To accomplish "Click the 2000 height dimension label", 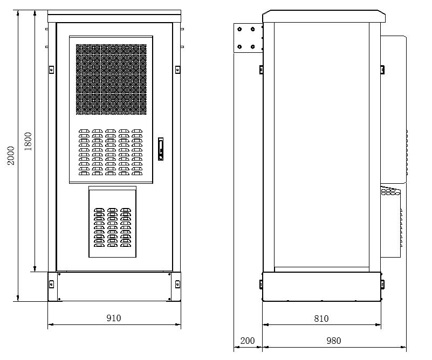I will tap(11, 155).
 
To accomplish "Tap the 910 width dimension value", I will tap(114, 318).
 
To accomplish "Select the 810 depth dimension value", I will tap(321, 319).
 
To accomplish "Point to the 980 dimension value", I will tap(334, 341).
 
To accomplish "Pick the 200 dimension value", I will tap(248, 341).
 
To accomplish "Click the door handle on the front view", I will tap(160, 149).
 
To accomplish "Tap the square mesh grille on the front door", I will tap(111, 79).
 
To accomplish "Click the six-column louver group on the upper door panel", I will tap(111, 153).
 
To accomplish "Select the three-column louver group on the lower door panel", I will tap(112, 227).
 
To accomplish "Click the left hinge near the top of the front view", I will tap(51, 69).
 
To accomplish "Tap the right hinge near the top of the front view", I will tap(177, 69).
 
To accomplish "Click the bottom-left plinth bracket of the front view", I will tap(52, 283).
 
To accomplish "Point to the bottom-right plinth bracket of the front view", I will tap(177, 283).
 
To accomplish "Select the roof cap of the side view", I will tap(324, 16).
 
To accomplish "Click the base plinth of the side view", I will tap(321, 287).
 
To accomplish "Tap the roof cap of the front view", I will tap(114, 14).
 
